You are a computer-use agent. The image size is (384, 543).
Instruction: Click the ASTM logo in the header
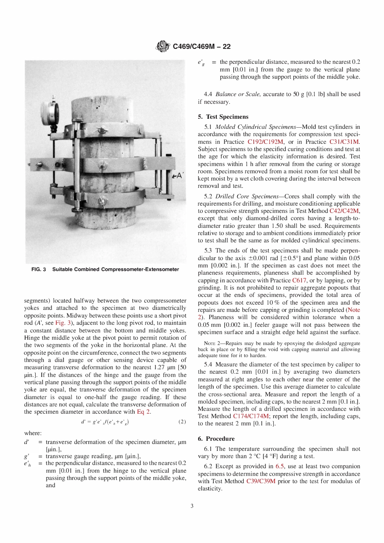point(163,46)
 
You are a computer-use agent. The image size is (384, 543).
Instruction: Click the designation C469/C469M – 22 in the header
point(201,46)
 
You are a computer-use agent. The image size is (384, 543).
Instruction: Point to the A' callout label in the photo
point(177,176)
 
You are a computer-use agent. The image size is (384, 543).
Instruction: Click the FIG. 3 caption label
point(39,269)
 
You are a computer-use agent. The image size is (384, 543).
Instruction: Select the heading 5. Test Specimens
point(223,117)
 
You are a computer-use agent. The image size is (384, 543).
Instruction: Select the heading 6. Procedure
point(216,439)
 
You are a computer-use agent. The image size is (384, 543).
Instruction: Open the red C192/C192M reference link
point(265,142)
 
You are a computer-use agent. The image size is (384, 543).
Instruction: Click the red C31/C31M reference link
point(344,142)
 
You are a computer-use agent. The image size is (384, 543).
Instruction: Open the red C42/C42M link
point(344,211)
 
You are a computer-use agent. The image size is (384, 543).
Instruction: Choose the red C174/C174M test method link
point(251,416)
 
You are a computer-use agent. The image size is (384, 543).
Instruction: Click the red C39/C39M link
point(261,481)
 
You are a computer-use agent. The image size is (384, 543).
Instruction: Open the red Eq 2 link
point(143,412)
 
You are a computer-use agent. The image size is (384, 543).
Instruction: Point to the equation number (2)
point(182,422)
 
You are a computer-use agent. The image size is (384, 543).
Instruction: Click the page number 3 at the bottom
point(192,506)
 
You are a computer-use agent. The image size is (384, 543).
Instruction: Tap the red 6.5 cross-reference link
point(280,466)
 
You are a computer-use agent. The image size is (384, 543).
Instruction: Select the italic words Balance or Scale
point(238,94)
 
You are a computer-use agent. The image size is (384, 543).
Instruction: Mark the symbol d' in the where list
point(27,442)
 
